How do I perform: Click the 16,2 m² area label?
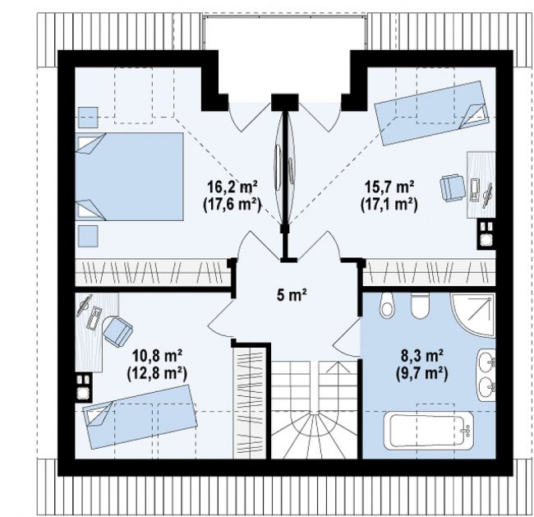[x=232, y=187]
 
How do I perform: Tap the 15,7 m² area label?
[x=389, y=187]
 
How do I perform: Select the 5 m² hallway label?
[x=292, y=295]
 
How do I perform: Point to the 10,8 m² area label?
[x=157, y=357]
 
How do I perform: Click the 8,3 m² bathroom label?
[x=421, y=357]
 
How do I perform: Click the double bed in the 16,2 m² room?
[x=129, y=177]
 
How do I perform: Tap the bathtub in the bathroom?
[x=428, y=430]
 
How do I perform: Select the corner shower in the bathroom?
[x=473, y=316]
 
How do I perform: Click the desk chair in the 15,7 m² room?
[x=452, y=188]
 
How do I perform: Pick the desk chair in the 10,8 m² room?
[x=117, y=331]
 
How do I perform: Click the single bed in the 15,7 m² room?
[x=431, y=113]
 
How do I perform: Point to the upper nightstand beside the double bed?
[x=88, y=118]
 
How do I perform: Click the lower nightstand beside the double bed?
[x=88, y=236]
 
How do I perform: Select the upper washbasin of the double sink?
[x=486, y=362]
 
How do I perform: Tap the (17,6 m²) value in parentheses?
[x=232, y=205]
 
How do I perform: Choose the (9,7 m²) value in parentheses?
[x=421, y=374]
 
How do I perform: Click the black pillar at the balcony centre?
[x=285, y=102]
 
